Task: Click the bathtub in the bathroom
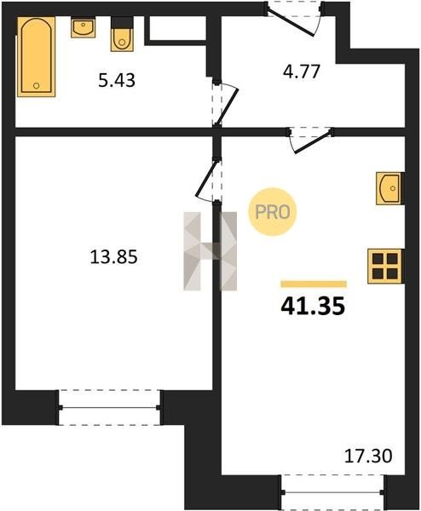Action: click(36, 57)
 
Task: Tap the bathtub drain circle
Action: click(36, 86)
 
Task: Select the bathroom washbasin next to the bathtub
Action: click(84, 28)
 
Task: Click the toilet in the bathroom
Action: click(122, 35)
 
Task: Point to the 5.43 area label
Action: click(117, 80)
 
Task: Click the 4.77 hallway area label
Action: click(302, 72)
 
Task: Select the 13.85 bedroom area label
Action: click(113, 256)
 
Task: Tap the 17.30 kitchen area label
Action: click(368, 456)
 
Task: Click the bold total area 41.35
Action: click(313, 307)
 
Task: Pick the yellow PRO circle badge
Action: click(273, 212)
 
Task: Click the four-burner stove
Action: click(385, 266)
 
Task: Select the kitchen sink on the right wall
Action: click(389, 188)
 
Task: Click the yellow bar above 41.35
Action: click(314, 284)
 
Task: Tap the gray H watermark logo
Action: click(210, 251)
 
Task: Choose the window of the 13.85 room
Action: click(109, 407)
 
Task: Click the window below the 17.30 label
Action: click(332, 492)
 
